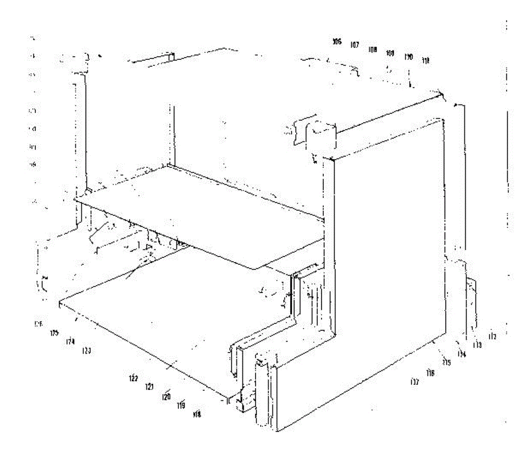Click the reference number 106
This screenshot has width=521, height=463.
337,42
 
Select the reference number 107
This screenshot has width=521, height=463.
355,45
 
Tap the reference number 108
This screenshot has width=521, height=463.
373,49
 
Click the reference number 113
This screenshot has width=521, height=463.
477,345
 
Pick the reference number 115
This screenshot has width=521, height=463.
446,362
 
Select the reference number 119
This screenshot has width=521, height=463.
181,406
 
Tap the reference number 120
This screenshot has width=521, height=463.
166,397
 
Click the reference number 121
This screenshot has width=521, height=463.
149,387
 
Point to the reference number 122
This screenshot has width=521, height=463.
133,379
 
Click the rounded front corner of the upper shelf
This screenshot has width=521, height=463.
256,268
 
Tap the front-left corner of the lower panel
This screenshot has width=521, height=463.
59,303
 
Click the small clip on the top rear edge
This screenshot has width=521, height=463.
170,57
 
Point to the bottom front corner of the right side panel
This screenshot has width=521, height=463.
276,430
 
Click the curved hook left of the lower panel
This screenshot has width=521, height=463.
43,284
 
